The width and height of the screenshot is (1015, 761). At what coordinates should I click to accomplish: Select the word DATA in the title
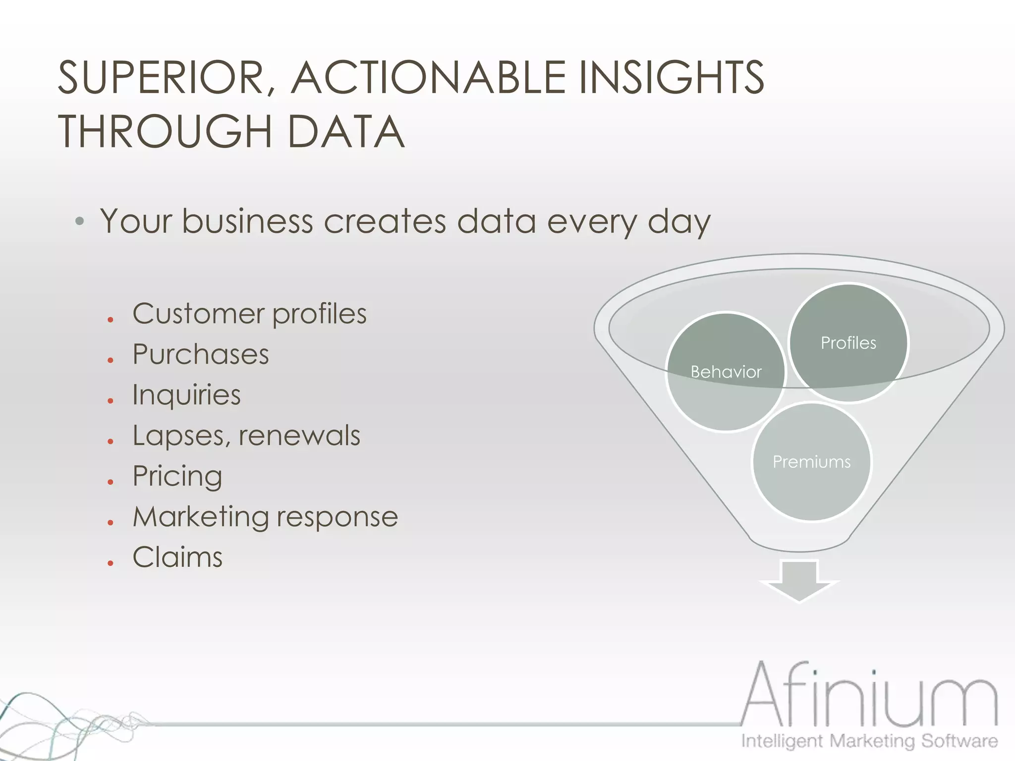pos(345,132)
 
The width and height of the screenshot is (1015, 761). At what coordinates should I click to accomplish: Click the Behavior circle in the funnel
pos(726,372)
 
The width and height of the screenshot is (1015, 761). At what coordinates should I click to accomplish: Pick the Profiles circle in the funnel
pos(848,343)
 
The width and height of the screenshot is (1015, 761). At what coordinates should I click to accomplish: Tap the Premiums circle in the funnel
pos(811,462)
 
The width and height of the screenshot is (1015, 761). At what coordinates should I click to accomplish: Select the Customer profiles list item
pos(249,314)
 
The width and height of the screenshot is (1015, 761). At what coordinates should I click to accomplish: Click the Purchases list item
pos(201,355)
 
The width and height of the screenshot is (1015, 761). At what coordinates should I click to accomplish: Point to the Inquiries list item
pos(186,395)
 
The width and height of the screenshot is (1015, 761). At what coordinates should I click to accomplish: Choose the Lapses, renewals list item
pos(246,436)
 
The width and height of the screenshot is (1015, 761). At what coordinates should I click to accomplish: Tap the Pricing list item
pos(177,477)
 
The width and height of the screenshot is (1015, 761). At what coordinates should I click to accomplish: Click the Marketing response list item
pos(265,517)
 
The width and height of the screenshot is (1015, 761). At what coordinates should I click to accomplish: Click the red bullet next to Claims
pos(111,563)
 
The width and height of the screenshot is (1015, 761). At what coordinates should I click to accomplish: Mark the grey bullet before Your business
pos(79,221)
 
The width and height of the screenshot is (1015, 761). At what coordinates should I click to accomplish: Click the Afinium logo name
pos(869,696)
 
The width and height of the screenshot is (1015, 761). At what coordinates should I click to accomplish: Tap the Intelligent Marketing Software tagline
pos(869,741)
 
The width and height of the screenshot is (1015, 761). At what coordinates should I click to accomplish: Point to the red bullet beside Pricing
pos(111,482)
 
